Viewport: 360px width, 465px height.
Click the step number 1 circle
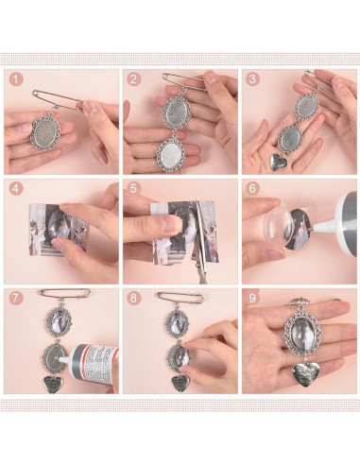tap(16, 80)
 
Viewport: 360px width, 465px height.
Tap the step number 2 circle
tap(134, 80)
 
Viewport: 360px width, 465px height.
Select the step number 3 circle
tap(253, 80)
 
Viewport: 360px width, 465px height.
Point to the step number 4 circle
tap(16, 189)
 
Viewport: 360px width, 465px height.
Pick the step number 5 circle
tap(134, 189)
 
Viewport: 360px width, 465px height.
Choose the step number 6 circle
tap(253, 189)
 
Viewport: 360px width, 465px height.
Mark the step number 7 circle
tap(16, 299)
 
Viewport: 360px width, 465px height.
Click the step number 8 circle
tap(134, 299)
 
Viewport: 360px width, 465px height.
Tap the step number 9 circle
tap(253, 299)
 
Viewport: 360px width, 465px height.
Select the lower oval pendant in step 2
tap(171, 153)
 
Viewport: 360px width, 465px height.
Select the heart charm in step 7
tap(51, 385)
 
